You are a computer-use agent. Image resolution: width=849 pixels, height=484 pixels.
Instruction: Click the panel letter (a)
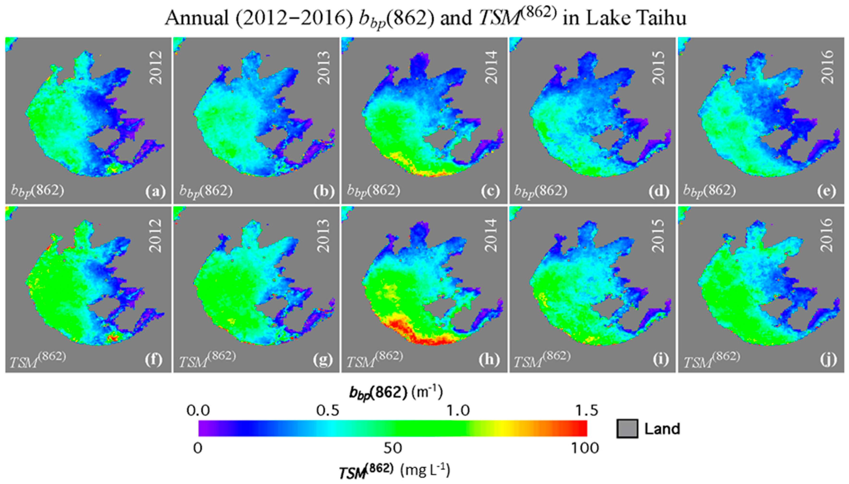click(x=155, y=192)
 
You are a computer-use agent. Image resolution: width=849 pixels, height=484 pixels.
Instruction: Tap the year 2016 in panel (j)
click(x=827, y=235)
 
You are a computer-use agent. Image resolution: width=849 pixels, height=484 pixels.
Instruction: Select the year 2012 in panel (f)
click(x=155, y=235)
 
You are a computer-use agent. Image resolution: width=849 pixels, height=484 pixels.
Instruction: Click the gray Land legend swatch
click(x=627, y=429)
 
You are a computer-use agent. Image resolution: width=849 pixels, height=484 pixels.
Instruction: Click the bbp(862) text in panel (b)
click(x=206, y=192)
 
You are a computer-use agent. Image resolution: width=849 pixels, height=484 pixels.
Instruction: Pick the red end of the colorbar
click(x=582, y=429)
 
